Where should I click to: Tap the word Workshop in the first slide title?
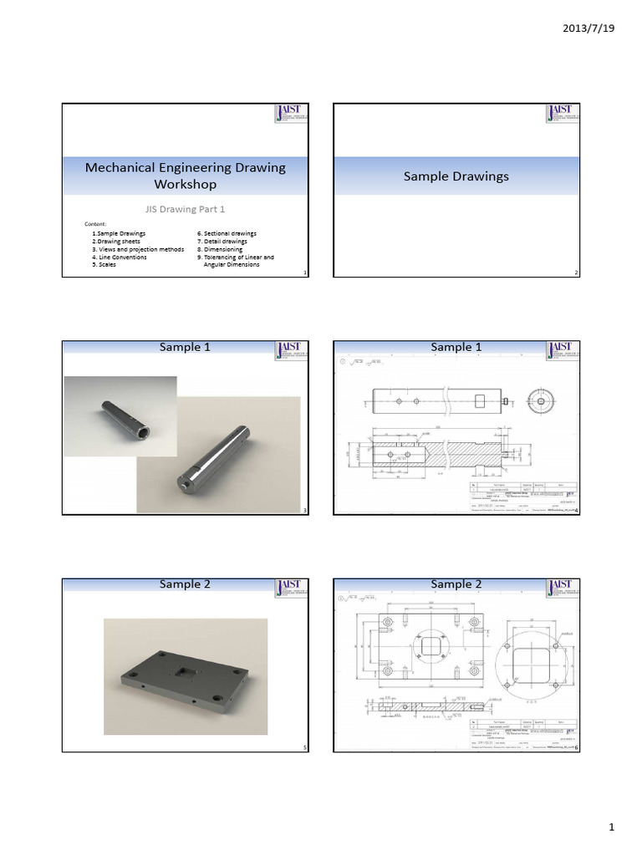pos(185,184)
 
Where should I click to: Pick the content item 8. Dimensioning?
pos(220,249)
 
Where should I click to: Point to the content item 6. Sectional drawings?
pos(227,233)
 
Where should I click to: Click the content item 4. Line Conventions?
pos(119,257)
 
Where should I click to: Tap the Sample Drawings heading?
pos(456,176)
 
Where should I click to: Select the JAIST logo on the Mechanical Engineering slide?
pos(293,115)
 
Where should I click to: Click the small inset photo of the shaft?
pos(120,415)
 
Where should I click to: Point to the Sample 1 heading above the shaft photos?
pos(185,347)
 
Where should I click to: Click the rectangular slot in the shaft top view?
pos(479,402)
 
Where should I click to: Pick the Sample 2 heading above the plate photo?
pos(185,584)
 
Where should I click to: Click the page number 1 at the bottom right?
pos(611,828)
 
